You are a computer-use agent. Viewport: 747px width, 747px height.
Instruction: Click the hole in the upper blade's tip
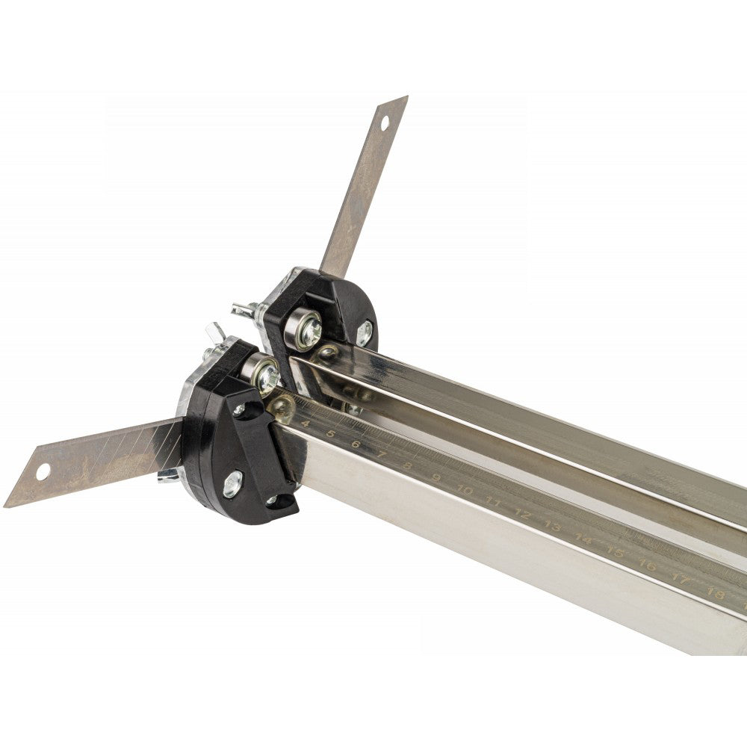tap(385, 123)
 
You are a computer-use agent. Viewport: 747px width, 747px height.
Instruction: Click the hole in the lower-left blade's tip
tap(43, 472)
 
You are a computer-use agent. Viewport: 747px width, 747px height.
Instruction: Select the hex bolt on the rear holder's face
tap(364, 333)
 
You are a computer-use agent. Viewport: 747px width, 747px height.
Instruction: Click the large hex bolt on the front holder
tap(233, 483)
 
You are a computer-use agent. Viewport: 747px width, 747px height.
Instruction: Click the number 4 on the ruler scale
tap(305, 424)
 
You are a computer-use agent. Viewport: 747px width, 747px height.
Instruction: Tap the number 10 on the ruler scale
tap(464, 491)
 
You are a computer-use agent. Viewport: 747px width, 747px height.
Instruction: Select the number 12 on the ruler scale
tap(522, 515)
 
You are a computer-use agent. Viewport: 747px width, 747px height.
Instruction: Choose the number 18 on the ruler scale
tap(715, 595)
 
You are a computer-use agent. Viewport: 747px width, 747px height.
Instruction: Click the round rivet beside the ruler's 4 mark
tap(282, 407)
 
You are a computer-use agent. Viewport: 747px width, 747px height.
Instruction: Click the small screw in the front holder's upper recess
tap(240, 410)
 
